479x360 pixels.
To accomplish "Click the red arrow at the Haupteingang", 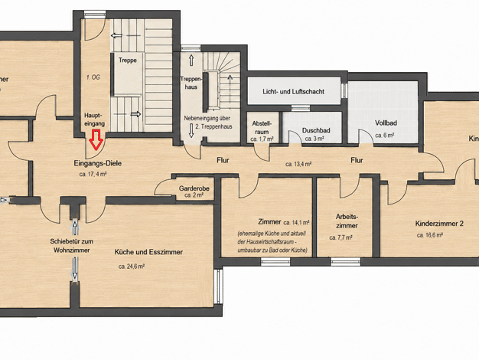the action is pos(96,139).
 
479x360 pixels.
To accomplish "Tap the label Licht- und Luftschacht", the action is pos(293,91).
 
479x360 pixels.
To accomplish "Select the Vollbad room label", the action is pos(386,123).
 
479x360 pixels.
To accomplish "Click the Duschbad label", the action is pos(316,131).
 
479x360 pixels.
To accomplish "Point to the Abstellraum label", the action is pos(262,128).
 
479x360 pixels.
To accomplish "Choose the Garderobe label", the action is pos(194,188).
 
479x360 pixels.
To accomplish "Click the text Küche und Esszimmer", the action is pos(148,252).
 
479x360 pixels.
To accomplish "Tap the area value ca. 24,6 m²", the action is pos(132,267).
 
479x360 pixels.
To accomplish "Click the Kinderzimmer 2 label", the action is pos(439,224).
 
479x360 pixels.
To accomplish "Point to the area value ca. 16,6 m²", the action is pos(430,235).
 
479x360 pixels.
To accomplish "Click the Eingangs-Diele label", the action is pos(98,163).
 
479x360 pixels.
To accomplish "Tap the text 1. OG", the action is pos(93,77).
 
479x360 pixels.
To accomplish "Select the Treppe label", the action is pos(127,61).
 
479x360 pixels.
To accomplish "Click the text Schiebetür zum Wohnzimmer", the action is pos(72,246).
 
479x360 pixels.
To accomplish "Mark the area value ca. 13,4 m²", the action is pos(298,164).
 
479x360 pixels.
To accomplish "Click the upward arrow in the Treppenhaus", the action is pos(191,61).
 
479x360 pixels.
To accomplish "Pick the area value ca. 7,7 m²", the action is pos(341,237).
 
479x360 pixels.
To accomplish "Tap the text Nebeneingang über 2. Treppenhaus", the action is pos(208,123).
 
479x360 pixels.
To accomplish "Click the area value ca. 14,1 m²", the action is pos(296,222).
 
